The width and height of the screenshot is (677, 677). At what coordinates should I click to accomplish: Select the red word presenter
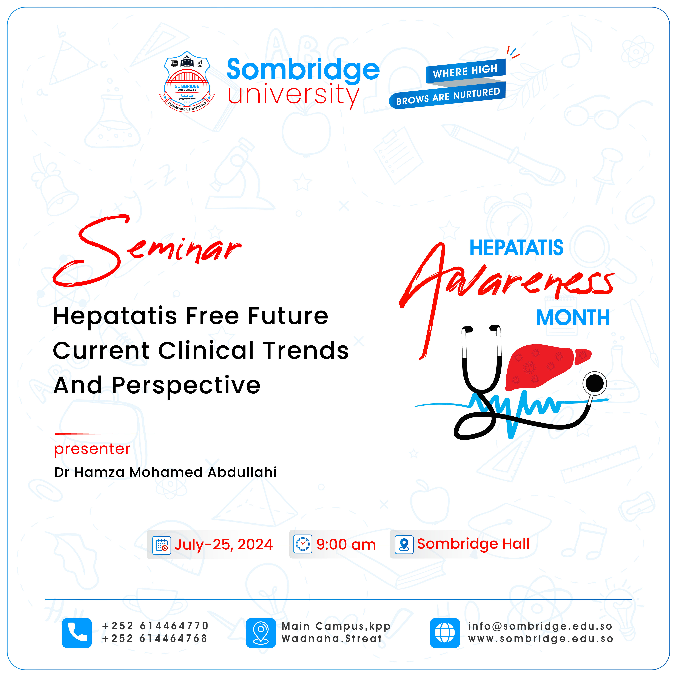click(92, 449)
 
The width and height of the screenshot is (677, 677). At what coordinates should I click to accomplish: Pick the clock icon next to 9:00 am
click(303, 544)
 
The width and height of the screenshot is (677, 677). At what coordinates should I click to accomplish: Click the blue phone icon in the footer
click(77, 633)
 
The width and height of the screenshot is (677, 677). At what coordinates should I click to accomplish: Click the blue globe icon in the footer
click(445, 633)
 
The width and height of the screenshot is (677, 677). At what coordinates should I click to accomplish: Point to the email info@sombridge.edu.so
click(540, 626)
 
